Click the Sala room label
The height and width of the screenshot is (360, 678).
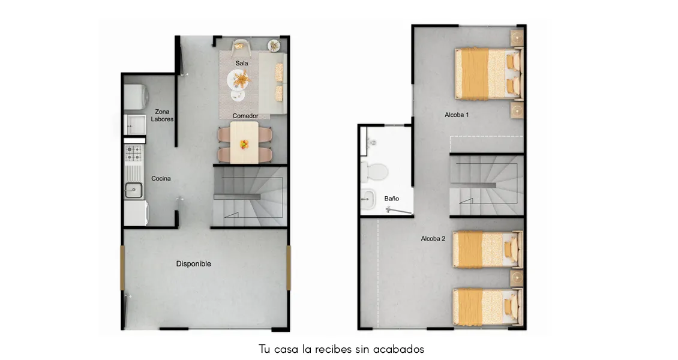242,63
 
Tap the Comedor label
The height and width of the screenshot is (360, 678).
245,116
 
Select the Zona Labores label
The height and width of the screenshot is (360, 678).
162,115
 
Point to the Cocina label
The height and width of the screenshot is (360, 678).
161,178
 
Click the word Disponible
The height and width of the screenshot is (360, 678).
193,263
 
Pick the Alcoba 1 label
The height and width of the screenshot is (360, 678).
457,114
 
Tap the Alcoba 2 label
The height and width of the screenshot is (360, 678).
433,238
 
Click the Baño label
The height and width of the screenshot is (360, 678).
392,198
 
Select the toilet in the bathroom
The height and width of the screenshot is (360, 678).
375,171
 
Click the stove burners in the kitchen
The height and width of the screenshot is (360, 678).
133,153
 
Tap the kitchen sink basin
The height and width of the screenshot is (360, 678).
134,191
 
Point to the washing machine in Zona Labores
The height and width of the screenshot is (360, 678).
136,96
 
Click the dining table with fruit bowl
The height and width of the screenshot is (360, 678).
245,142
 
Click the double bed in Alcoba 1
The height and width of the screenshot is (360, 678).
487,73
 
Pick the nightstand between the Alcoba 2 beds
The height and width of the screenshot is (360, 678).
517,278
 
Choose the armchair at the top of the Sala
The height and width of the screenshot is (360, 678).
241,45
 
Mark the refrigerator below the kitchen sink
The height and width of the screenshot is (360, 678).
136,212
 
